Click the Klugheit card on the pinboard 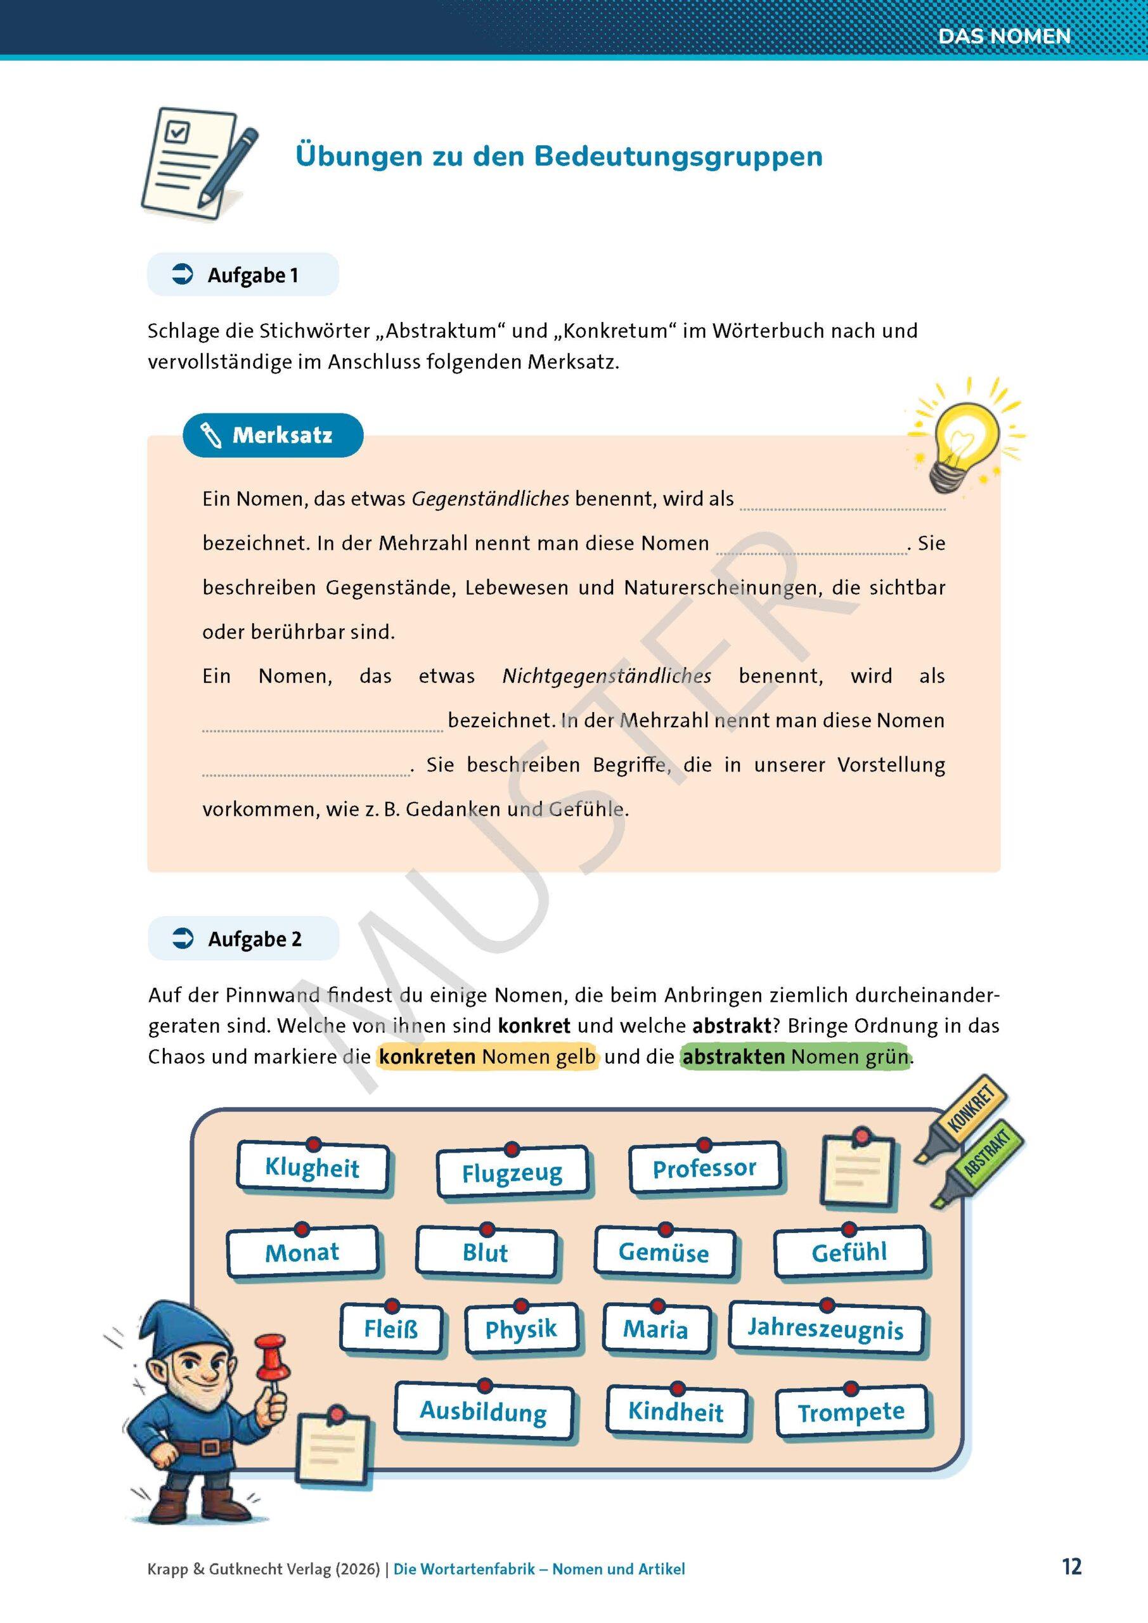tap(312, 1168)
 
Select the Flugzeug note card tap(512, 1174)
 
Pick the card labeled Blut tap(486, 1253)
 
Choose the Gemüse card tap(663, 1253)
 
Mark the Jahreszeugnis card tap(825, 1329)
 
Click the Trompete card tap(851, 1413)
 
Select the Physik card tap(521, 1329)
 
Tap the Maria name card tap(655, 1329)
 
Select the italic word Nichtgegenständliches tap(607, 676)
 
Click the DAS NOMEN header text tap(1004, 36)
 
